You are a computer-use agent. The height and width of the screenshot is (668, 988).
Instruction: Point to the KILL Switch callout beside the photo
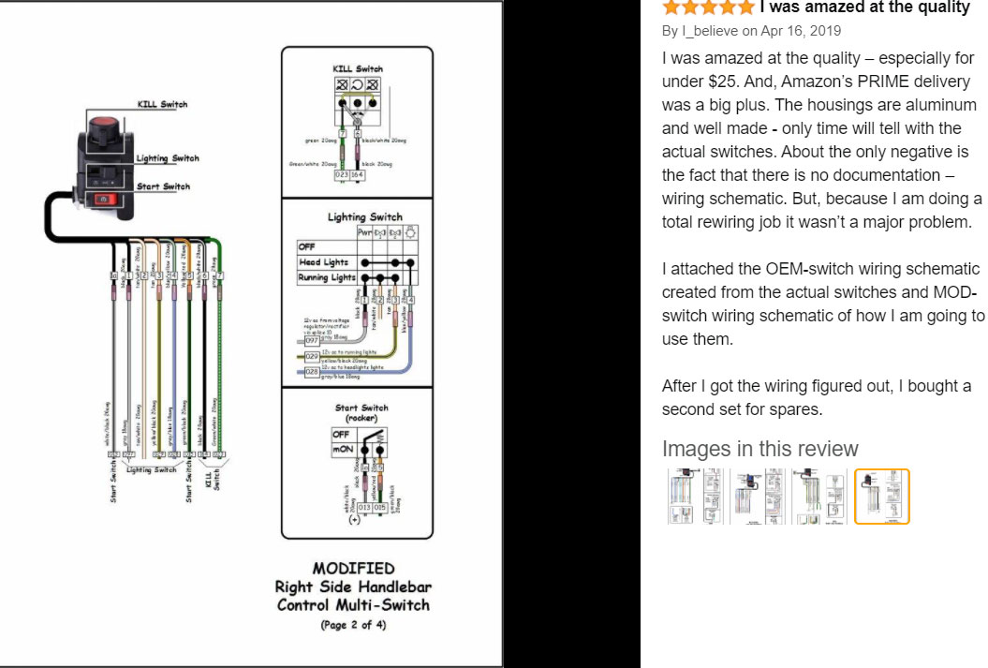(x=162, y=104)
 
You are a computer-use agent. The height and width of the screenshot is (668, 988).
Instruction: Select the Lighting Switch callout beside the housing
(x=168, y=159)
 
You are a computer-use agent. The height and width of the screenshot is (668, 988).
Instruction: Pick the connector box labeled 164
(x=357, y=175)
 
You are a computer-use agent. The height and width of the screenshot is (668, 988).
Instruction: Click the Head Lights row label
(x=323, y=262)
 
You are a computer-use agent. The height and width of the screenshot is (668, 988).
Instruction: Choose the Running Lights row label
(x=327, y=277)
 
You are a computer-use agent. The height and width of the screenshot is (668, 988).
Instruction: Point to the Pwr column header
(x=364, y=231)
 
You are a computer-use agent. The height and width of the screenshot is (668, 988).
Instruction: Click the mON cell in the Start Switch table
(x=341, y=450)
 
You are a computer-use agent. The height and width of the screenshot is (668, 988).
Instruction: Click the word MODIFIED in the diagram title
(x=353, y=568)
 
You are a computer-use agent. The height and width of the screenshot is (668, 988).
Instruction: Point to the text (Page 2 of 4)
(x=353, y=625)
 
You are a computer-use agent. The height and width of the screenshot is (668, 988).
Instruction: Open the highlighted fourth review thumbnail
(x=881, y=497)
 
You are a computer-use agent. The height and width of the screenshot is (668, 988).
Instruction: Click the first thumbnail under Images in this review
(x=694, y=497)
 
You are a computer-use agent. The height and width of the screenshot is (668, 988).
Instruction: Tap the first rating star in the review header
(x=671, y=7)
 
